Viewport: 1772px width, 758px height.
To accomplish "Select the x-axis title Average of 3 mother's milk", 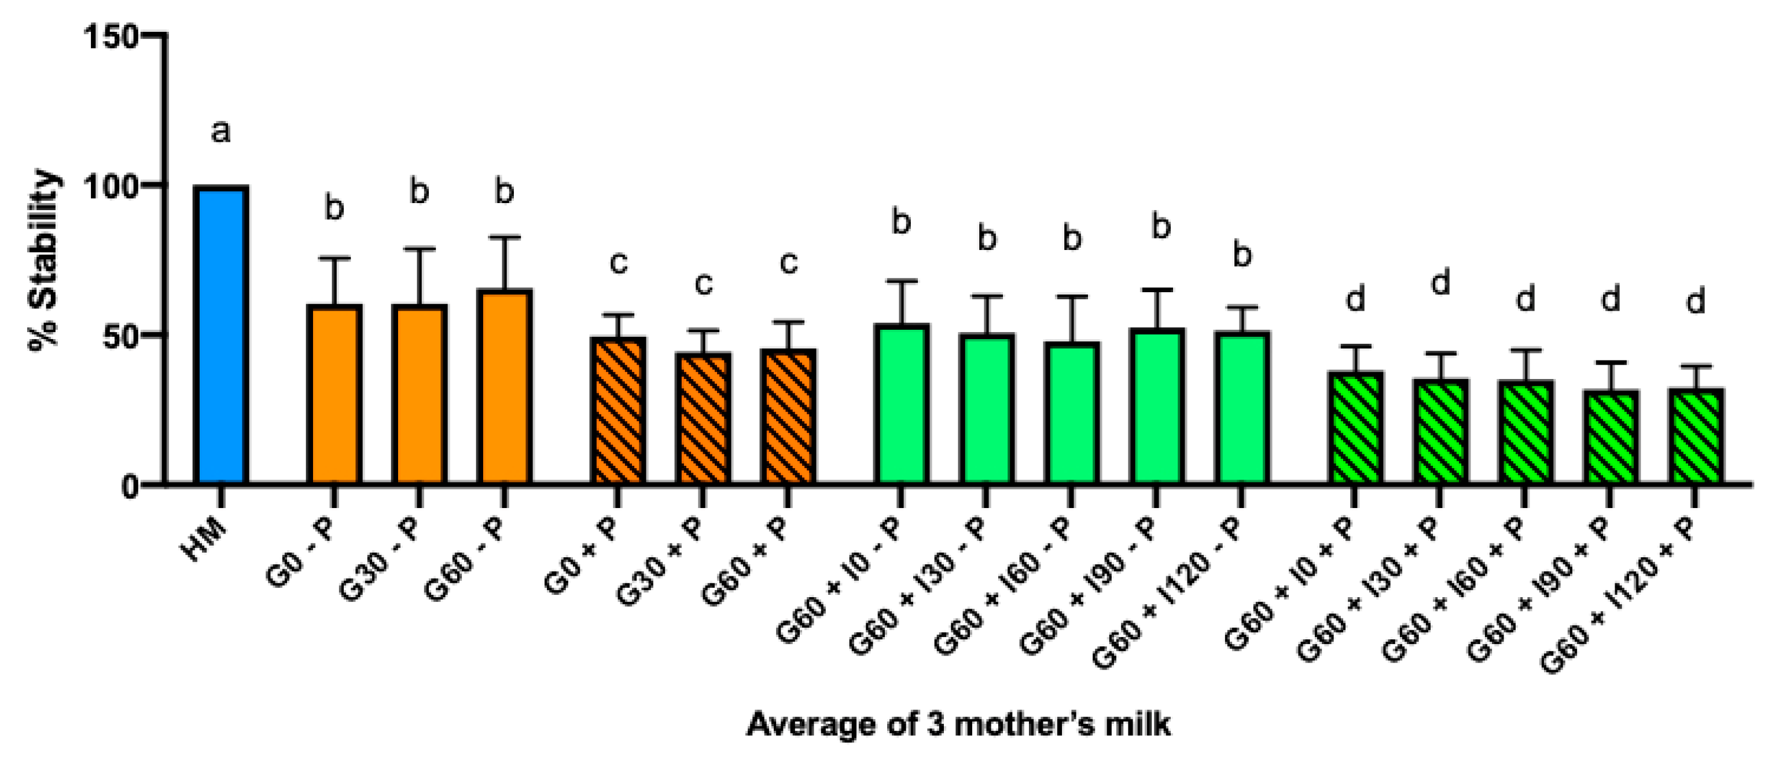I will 958,724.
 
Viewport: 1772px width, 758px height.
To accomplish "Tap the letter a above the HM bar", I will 220,131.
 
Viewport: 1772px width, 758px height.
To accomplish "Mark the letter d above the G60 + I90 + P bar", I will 1611,299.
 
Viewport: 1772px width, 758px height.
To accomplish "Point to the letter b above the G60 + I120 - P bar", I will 1242,255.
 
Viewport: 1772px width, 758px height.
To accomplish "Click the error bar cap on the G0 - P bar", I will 334,259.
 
